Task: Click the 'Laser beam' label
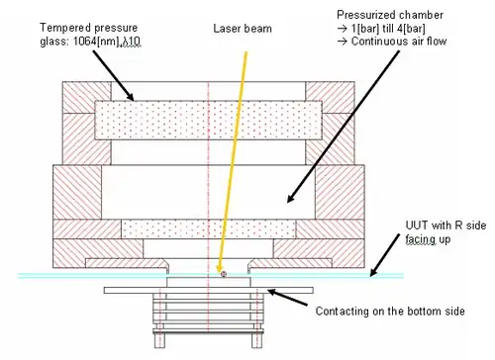pos(243,29)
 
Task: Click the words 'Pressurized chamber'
pos(390,15)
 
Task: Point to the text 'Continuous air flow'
pos(399,42)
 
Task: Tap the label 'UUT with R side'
pos(445,225)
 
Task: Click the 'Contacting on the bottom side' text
pos(390,311)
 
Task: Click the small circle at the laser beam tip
pos(224,274)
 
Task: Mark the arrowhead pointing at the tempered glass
pos(130,96)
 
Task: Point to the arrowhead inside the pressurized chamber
pos(291,198)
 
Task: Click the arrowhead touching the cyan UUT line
pos(373,272)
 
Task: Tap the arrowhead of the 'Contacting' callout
pos(272,293)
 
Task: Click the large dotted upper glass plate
pos(208,121)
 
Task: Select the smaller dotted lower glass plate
pos(209,228)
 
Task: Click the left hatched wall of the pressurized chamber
pos(77,192)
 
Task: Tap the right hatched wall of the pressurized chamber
pos(340,192)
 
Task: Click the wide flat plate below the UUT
pos(209,290)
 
